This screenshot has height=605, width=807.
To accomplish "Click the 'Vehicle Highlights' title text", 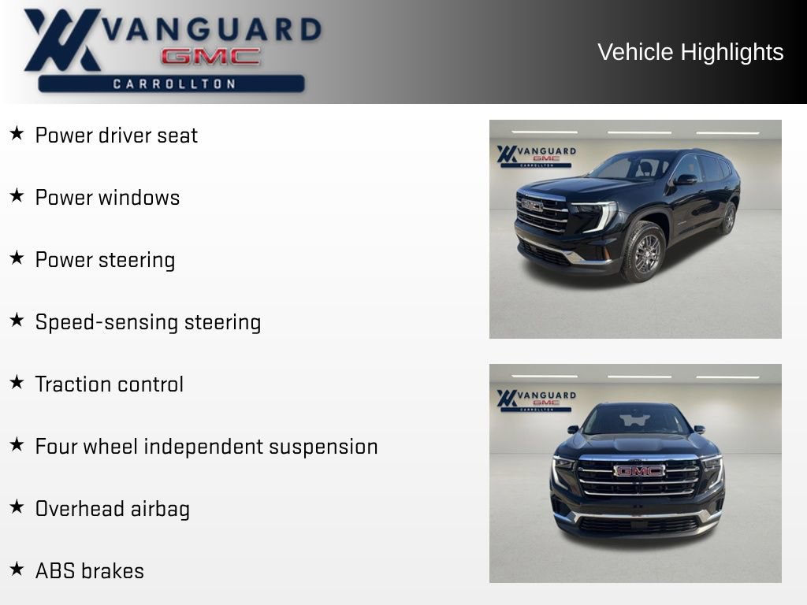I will pyautogui.click(x=690, y=52).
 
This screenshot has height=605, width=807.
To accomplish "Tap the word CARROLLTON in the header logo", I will pyautogui.click(x=174, y=84).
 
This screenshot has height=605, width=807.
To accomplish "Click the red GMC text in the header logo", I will pyautogui.click(x=210, y=57).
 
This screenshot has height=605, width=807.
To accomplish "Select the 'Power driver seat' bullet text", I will pyautogui.click(x=116, y=135).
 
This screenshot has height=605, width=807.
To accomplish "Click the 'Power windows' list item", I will pyautogui.click(x=107, y=197).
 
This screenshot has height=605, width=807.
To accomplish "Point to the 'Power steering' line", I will pyautogui.click(x=105, y=259).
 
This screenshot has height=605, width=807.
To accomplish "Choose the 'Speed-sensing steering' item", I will pyautogui.click(x=147, y=321).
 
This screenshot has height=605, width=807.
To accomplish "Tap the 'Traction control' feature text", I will pyautogui.click(x=109, y=384).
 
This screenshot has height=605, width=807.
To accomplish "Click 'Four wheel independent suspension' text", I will pyautogui.click(x=206, y=446).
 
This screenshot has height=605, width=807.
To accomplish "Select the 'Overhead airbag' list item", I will pyautogui.click(x=112, y=508).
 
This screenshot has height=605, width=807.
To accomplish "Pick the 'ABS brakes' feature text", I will pyautogui.click(x=89, y=570).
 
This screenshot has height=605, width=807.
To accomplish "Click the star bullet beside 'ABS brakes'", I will pyautogui.click(x=17, y=569).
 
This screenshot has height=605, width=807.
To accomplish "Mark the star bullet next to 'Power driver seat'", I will pyautogui.click(x=17, y=133).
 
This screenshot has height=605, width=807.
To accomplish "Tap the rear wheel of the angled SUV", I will pyautogui.click(x=728, y=218).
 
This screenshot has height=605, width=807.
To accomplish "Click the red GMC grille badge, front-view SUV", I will pyautogui.click(x=639, y=470).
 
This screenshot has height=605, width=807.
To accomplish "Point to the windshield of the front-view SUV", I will pyautogui.click(x=636, y=420).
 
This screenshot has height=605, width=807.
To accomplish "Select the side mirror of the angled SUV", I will pyautogui.click(x=684, y=180).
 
